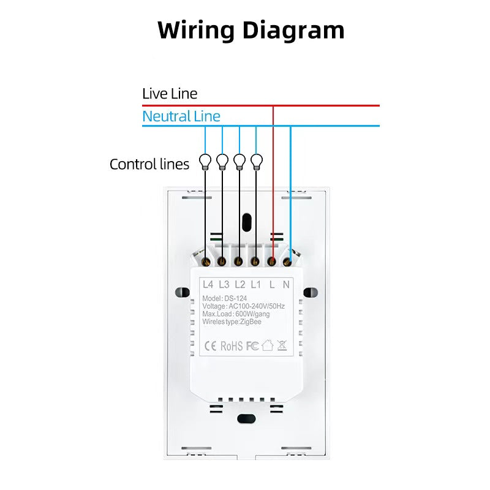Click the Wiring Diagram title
click(251, 31)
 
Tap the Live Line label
click(170, 94)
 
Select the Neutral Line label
click(181, 116)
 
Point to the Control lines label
click(149, 164)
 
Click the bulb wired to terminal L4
click(205, 162)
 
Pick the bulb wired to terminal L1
click(257, 162)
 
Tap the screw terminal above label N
click(287, 262)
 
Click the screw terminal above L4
click(206, 262)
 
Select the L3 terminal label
click(224, 284)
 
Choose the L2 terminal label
click(240, 284)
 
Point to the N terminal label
click(286, 284)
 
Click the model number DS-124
click(236, 298)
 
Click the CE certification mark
click(210, 346)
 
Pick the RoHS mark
click(232, 346)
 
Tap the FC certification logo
click(252, 346)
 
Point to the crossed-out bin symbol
click(282, 345)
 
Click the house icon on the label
click(268, 345)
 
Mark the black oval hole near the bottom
click(247, 419)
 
